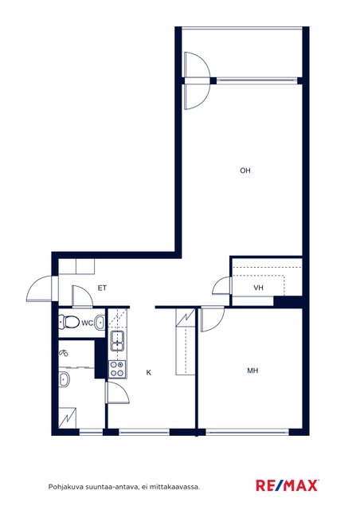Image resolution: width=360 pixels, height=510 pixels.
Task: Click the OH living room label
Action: (x=245, y=171)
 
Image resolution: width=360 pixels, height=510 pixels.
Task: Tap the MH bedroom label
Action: (x=252, y=371)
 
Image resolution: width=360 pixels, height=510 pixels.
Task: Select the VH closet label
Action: (x=258, y=288)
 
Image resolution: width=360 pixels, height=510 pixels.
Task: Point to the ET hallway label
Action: (x=102, y=288)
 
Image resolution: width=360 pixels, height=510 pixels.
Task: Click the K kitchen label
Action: (x=149, y=372)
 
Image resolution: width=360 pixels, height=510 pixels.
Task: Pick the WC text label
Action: (x=87, y=323)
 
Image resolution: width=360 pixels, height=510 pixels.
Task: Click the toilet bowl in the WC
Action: (x=69, y=322)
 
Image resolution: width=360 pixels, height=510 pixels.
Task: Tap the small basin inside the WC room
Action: (x=100, y=323)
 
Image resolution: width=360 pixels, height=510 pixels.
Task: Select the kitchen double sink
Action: (x=117, y=341)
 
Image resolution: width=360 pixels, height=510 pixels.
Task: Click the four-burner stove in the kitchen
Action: (x=117, y=369)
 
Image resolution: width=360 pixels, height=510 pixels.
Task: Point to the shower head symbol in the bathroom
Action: (x=64, y=352)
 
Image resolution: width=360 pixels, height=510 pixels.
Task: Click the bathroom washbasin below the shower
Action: (x=64, y=379)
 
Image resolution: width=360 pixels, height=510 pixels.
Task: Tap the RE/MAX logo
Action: (x=288, y=485)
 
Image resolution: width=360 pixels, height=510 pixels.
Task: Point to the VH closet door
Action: (x=221, y=285)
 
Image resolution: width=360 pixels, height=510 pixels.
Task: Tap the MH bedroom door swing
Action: (x=213, y=320)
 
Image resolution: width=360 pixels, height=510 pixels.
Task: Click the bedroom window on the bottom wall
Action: (x=248, y=432)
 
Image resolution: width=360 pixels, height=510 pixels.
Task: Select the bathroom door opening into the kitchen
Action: (x=117, y=393)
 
